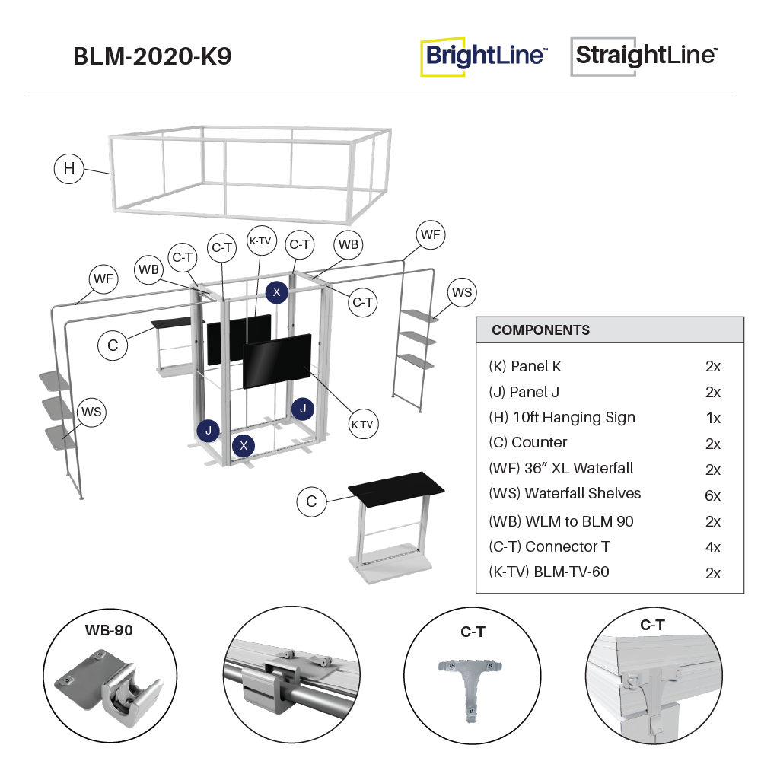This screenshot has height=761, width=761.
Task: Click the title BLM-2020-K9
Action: [152, 57]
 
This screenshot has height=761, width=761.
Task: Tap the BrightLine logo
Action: [484, 57]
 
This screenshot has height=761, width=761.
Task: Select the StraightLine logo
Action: [645, 56]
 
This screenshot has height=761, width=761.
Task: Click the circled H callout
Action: [69, 168]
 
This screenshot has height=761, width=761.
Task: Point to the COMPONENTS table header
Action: [540, 330]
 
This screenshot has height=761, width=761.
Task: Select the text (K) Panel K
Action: [525, 366]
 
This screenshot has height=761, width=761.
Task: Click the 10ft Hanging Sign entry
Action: [562, 417]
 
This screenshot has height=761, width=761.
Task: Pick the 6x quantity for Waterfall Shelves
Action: [712, 496]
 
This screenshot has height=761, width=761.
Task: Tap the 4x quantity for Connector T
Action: [712, 547]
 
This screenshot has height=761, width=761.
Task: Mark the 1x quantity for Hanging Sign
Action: [712, 418]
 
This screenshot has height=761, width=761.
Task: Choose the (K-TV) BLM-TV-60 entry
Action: [549, 572]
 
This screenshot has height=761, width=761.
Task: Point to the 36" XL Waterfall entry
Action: [561, 468]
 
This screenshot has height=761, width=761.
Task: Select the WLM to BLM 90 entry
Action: [561, 521]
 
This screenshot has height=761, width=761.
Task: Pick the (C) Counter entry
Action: [527, 442]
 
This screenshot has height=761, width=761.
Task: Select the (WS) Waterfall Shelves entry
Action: [565, 493]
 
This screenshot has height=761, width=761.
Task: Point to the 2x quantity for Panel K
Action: [712, 366]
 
